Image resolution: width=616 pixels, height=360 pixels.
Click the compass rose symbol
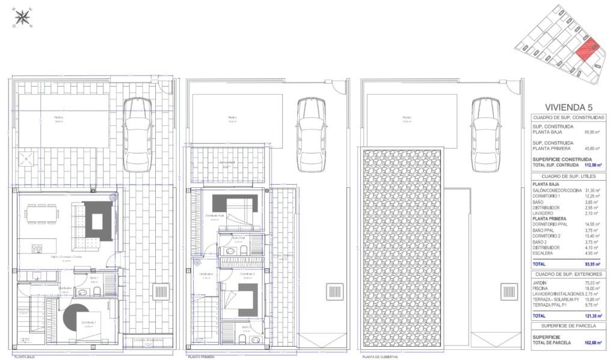tap(23, 18)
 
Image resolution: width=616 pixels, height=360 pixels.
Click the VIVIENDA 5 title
tap(569, 107)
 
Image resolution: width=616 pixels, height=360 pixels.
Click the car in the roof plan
tap(485, 123)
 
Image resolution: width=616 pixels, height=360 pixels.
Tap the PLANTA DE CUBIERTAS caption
tap(382, 356)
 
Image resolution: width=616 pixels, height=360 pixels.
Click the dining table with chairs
tap(42, 214)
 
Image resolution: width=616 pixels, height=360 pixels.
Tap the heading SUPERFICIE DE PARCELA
tap(569, 325)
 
